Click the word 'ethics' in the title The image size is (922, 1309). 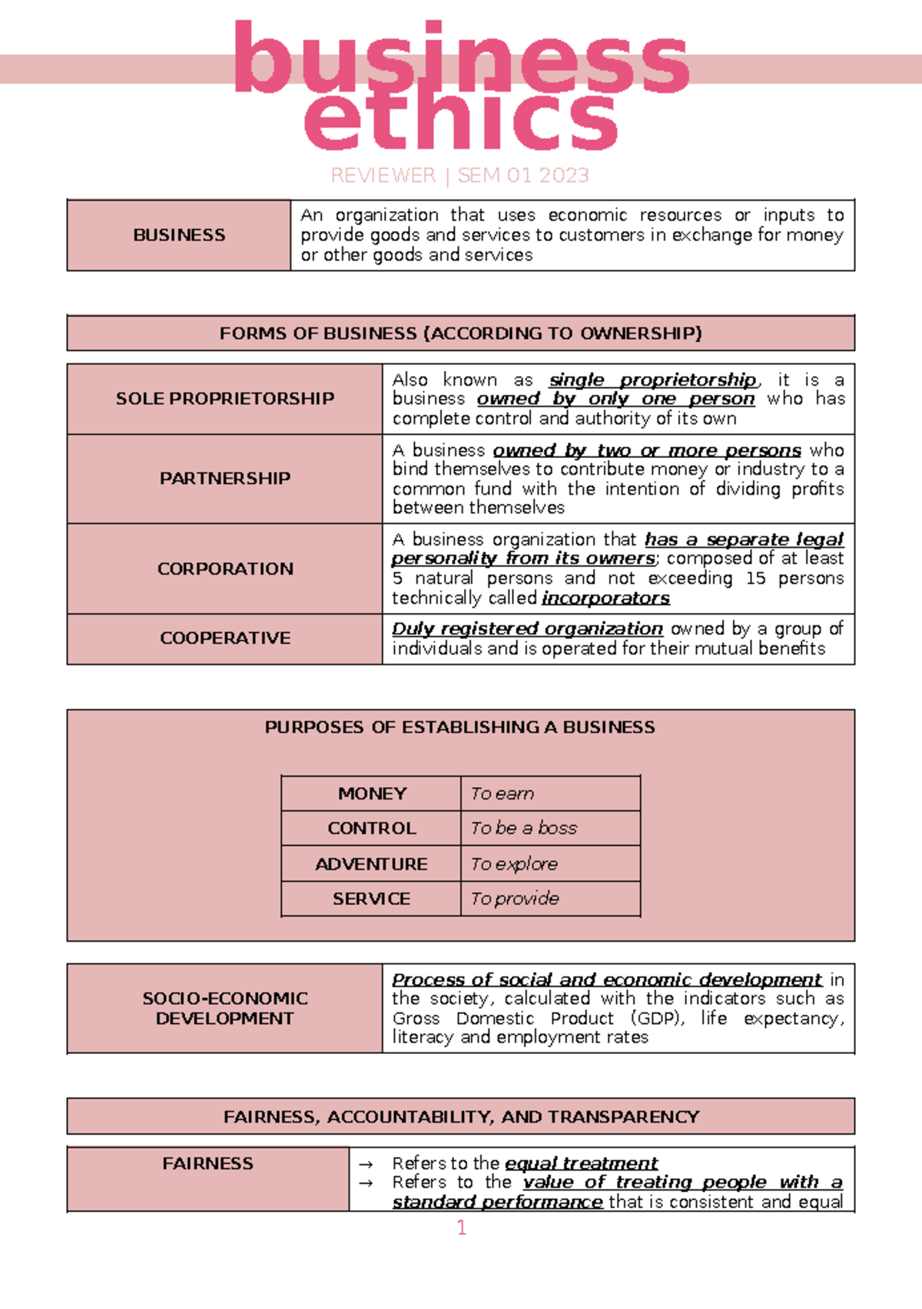point(461,121)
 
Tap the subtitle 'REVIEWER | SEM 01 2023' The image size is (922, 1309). point(459,176)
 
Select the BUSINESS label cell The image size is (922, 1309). point(179,235)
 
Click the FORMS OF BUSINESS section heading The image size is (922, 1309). point(460,333)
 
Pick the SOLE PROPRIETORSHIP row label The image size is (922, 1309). point(224,399)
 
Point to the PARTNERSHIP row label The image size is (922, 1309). point(224,479)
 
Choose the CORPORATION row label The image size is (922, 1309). point(224,569)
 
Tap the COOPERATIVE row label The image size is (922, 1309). point(224,638)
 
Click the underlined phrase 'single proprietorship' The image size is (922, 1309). point(653,380)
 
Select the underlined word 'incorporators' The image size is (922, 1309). point(605,598)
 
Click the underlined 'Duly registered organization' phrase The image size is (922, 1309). point(527,629)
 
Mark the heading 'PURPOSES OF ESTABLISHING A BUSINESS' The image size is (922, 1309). point(459,727)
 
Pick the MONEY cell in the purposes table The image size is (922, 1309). point(372,794)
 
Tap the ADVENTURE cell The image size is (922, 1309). point(371,864)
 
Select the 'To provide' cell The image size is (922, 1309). point(515,899)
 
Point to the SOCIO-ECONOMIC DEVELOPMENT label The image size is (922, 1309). point(224,1009)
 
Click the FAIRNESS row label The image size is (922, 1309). point(207,1164)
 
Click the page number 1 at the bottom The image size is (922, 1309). point(461,1228)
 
